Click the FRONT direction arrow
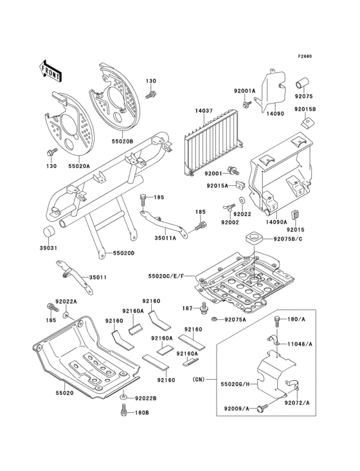(50, 71)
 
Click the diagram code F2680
(305, 56)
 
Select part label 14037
(204, 111)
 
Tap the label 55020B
(123, 140)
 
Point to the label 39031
(48, 248)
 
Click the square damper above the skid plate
(255, 237)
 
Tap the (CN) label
(198, 380)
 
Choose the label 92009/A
(237, 409)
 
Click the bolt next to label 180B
(123, 410)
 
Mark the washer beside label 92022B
(123, 398)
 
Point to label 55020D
(123, 254)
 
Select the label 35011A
(165, 238)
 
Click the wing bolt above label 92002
(228, 208)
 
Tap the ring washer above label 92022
(242, 200)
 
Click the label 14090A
(276, 222)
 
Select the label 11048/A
(300, 344)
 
